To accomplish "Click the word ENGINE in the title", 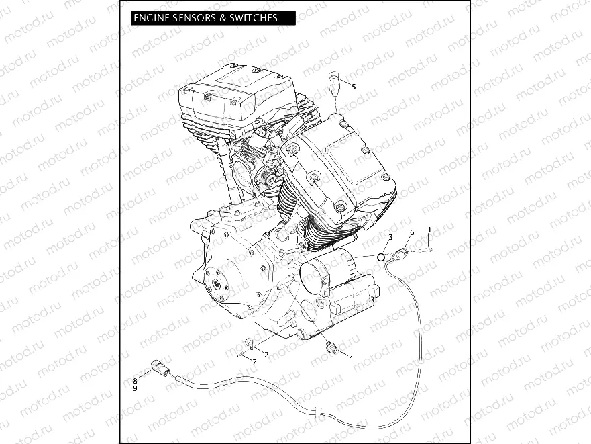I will point(152,18).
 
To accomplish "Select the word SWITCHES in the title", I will point(254,18).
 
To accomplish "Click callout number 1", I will point(429,230).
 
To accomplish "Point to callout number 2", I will point(266,354).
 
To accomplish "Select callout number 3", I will point(390,237).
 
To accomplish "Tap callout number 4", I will point(350,358).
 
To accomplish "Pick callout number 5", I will point(354,87).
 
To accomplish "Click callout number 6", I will point(412,232).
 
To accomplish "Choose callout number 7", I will point(254,362).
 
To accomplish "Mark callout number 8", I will point(135,381).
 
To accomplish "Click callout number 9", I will point(135,388).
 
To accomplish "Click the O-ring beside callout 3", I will point(381,256).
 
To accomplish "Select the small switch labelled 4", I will point(329,346).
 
